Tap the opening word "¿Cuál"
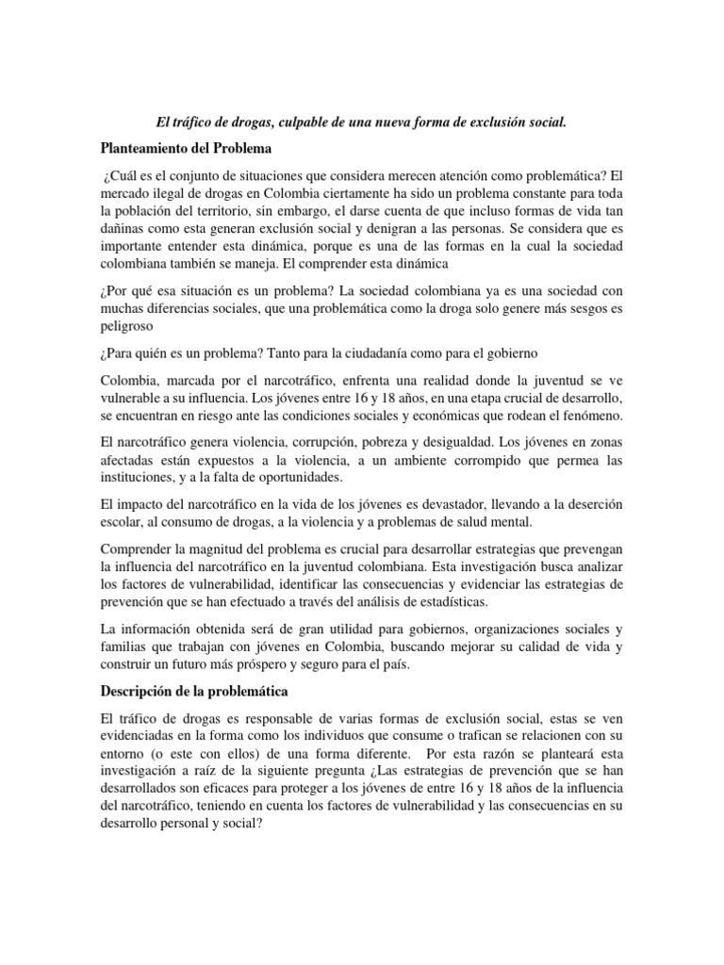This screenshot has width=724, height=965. pos(124,176)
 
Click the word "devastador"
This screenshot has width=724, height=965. pos(434,504)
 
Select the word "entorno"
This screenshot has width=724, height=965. pos(125,754)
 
